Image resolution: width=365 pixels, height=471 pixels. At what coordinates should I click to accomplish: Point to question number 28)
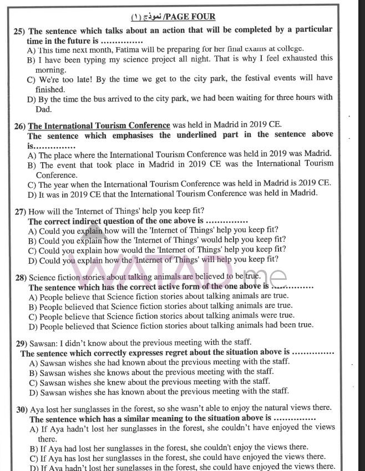pos(22,277)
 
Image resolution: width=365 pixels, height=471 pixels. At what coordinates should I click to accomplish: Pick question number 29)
pos(23,342)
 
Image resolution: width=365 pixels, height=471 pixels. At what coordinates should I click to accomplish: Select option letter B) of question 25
pos(32,58)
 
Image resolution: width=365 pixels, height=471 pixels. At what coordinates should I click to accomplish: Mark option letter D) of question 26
pos(32,193)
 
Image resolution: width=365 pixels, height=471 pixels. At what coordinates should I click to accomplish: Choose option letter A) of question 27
pos(33,230)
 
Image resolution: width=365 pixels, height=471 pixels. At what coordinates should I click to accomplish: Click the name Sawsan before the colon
pos(43,342)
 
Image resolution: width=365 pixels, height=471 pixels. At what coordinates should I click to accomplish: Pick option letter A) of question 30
pos(34,428)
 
